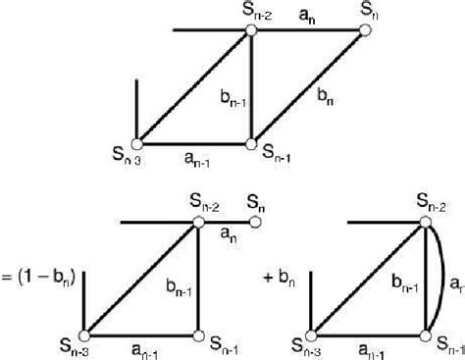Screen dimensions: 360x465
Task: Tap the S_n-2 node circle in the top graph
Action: point(250,31)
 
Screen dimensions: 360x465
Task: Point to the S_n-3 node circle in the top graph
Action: point(138,143)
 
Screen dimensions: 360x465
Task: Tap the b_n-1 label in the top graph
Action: point(232,96)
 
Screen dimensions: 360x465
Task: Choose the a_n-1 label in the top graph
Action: point(195,156)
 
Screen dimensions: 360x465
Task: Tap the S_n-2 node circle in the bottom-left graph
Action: point(199,223)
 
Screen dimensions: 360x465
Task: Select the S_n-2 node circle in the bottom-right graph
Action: point(429,223)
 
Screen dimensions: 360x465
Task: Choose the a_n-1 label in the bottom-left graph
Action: point(142,346)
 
